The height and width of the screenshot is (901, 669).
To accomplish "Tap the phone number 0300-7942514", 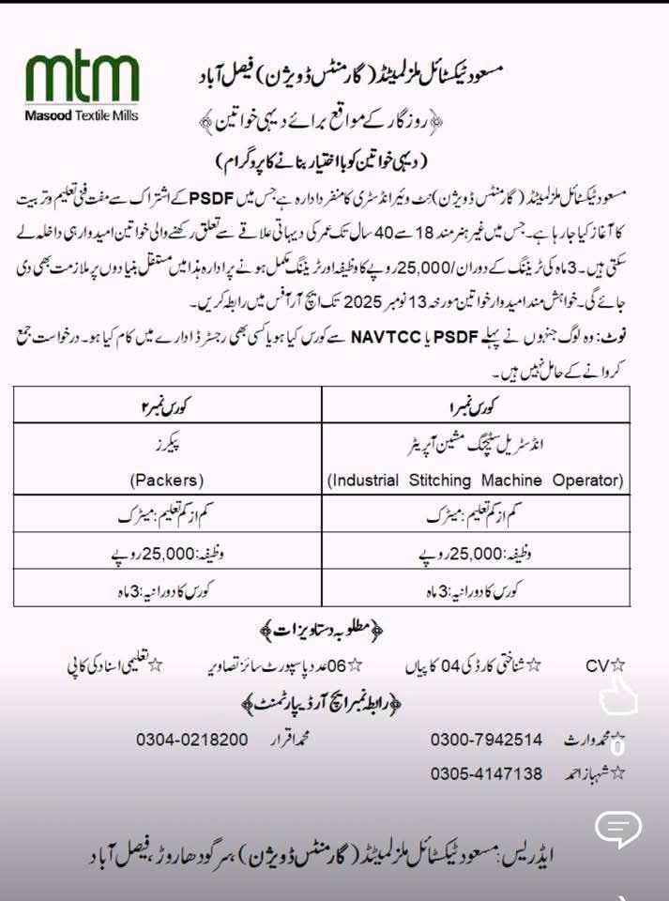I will (486, 740).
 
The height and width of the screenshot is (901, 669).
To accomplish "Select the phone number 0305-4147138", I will (486, 773).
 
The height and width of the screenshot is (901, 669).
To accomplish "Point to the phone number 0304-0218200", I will (191, 740).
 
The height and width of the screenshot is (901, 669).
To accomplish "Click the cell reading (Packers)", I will (167, 481).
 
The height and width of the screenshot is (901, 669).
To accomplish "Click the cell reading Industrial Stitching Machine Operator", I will (476, 481).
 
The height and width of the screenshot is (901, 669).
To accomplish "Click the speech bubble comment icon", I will (617, 827).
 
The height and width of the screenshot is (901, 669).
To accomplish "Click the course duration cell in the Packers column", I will (167, 591).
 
